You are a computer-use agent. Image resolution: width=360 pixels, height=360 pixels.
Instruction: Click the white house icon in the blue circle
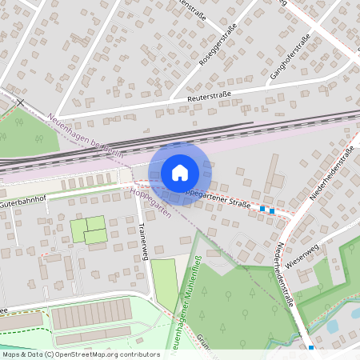pyautogui.click(x=179, y=172)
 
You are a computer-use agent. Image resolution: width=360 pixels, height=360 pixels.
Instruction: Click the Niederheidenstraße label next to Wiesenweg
pyautogui.click(x=289, y=276)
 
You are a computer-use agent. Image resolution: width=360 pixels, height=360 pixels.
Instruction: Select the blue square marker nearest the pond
pyautogui.click(x=311, y=347)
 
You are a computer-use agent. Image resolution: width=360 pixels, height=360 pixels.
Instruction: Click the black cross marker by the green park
pyautogui.click(x=20, y=103)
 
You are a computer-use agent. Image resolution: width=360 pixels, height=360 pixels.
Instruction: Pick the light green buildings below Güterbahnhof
pyautogui.click(x=90, y=230)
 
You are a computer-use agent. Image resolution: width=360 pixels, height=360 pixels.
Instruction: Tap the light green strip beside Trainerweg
pyautogui.click(x=164, y=281)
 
